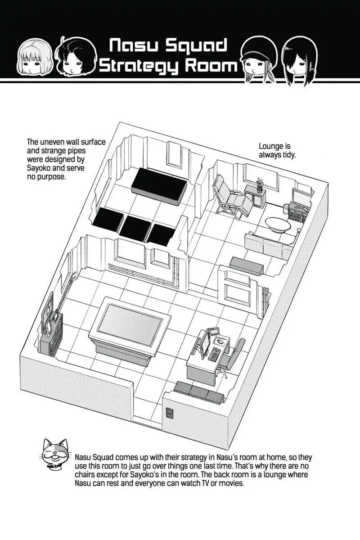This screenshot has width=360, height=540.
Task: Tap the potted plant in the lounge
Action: (260, 184)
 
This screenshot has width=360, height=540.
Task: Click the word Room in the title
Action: (209, 66)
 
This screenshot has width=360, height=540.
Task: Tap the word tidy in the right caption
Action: (287, 155)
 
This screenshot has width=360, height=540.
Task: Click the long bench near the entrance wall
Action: (199, 391)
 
